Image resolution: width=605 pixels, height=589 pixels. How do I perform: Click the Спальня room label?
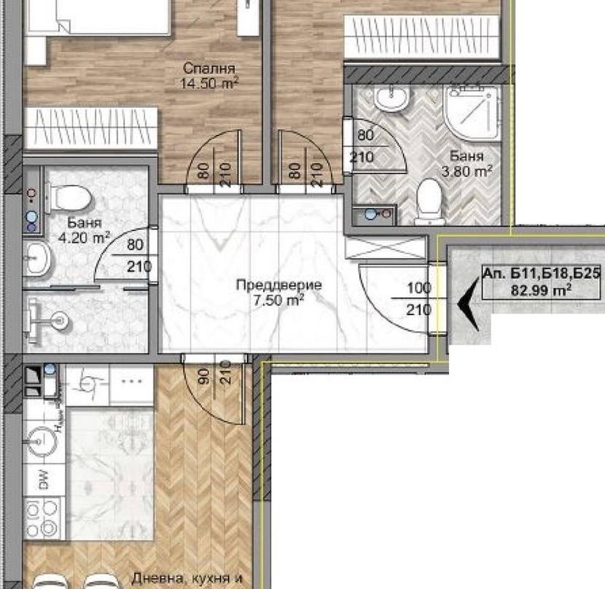click(x=208, y=69)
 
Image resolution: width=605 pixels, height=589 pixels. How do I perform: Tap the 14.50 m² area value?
click(x=209, y=83)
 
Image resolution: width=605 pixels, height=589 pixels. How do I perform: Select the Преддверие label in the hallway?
click(x=279, y=285)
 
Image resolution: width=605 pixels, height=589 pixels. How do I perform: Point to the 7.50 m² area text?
click(x=278, y=300)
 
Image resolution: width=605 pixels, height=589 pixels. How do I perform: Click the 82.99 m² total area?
click(x=541, y=289)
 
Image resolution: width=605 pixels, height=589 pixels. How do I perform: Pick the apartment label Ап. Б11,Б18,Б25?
click(x=542, y=273)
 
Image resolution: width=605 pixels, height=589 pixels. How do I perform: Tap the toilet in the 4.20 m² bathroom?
click(x=69, y=198)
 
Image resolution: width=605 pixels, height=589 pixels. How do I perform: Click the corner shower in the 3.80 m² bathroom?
click(x=472, y=112)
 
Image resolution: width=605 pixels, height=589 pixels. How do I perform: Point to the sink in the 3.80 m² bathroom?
click(x=391, y=97)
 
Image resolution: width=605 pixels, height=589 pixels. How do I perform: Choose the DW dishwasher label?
click(x=44, y=479)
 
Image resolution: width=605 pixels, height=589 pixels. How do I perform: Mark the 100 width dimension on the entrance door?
click(x=419, y=289)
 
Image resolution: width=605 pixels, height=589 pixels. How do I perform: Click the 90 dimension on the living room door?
click(x=205, y=375)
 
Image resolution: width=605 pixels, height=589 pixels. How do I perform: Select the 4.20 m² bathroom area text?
click(x=83, y=238)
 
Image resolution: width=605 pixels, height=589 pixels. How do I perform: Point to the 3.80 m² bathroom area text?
click(x=467, y=171)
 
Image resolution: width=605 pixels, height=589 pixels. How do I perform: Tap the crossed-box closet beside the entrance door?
click(x=386, y=247)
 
